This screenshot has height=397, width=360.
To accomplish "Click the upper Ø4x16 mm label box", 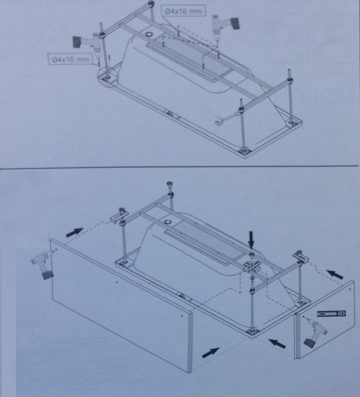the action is pos(183,12).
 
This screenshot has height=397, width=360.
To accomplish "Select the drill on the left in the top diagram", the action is pos(86,43).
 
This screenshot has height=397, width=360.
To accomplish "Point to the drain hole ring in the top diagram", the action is pos(149,34).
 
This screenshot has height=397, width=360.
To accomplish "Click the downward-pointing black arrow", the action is pos(251,239).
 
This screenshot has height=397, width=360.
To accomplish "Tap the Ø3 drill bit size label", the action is pos(331,314).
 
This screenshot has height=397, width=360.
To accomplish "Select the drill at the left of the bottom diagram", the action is pos(42,265).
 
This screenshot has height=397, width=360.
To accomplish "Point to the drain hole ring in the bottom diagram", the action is pos(168,222).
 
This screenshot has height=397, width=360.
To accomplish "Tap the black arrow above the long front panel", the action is pos(74,232).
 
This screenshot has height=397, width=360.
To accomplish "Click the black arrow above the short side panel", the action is pos(335,274).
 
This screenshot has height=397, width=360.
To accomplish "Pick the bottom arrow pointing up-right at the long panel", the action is pos(210,352).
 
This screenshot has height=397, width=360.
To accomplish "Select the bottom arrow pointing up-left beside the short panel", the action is pos(277,343).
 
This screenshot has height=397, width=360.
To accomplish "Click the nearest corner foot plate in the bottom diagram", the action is pos(252,331).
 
